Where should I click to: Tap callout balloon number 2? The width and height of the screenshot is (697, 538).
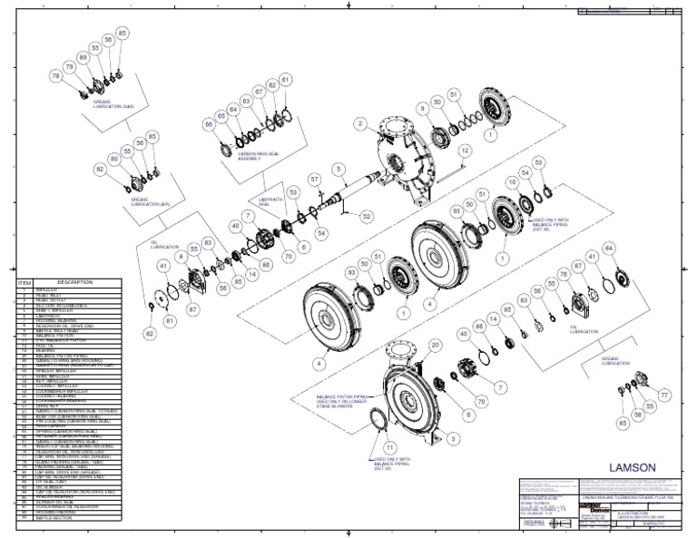point(360,123)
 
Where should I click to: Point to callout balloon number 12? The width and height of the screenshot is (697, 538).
point(464,151)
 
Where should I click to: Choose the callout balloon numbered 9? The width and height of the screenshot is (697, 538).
point(422,109)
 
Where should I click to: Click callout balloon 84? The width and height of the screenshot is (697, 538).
point(609,248)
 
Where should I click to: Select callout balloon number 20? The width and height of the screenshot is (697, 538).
point(435,344)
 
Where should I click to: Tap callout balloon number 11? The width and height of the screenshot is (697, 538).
point(389,447)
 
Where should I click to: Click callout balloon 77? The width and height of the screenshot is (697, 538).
point(663,395)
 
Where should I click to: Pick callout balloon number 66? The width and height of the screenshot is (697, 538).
point(208,123)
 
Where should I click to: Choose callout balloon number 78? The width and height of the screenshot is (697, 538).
point(56,77)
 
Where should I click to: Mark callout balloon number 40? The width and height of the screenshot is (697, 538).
point(235,226)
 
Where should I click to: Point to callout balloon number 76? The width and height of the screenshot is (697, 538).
point(564,272)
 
